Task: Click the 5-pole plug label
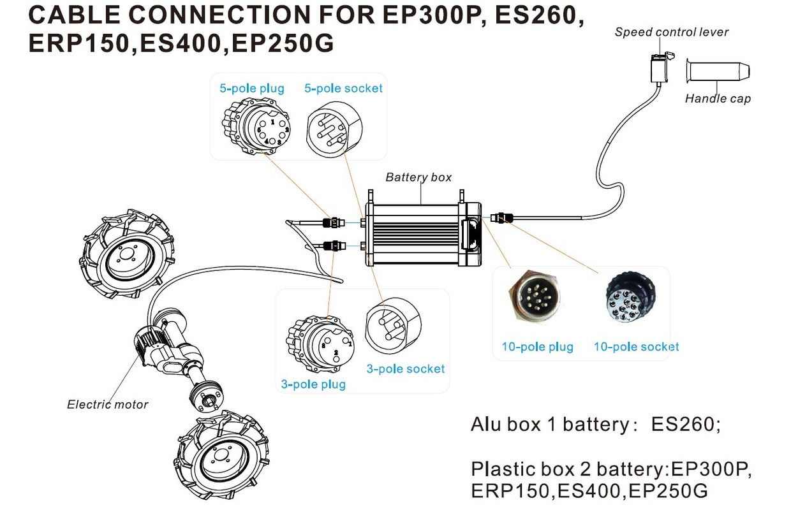pos(252,89)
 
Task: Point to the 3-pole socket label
pos(406,368)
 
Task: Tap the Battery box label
pos(418,177)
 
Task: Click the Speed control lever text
pos(671,32)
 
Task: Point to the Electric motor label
pos(107,404)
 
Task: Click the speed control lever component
pos(660,66)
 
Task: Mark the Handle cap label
pos(718,98)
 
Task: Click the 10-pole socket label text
pos(636,347)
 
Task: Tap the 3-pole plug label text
pos(313,384)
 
